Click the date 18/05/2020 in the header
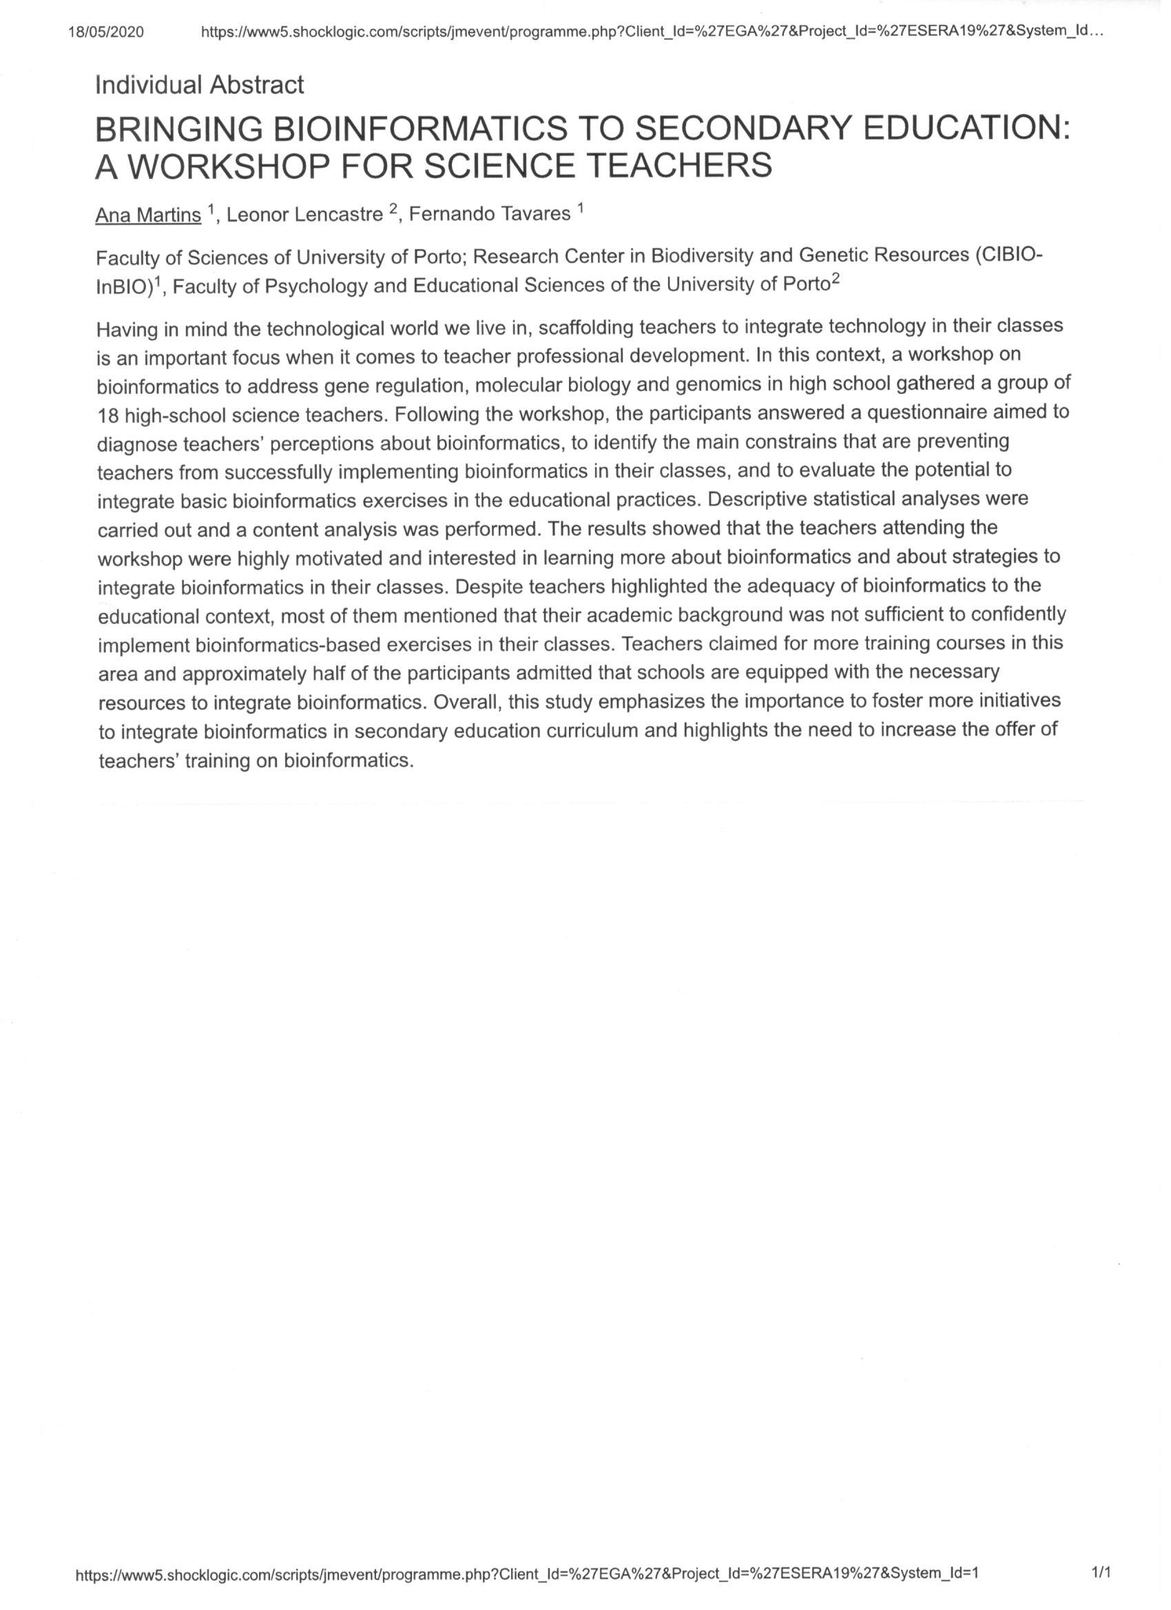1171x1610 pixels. (106, 32)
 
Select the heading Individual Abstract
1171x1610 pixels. (199, 85)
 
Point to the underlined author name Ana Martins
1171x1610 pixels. (147, 216)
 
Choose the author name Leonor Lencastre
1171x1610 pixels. (304, 215)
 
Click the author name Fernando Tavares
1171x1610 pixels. (489, 214)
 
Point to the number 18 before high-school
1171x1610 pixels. (108, 415)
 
